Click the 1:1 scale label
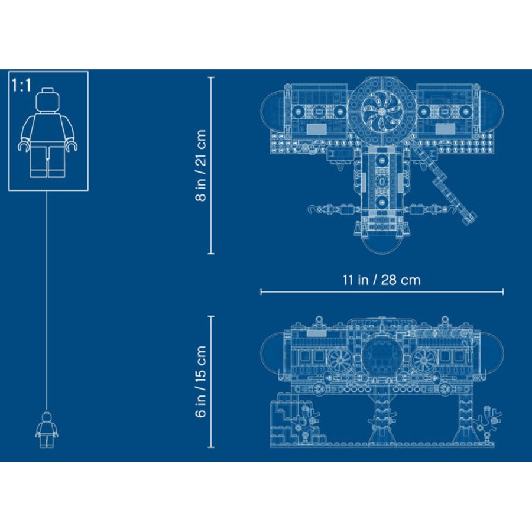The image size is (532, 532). (21, 85)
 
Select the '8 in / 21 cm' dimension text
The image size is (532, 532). (202, 166)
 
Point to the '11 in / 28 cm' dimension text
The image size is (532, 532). (381, 280)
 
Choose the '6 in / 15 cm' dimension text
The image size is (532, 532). (202, 381)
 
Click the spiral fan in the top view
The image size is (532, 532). (382, 111)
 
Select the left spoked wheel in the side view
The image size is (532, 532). (340, 359)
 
